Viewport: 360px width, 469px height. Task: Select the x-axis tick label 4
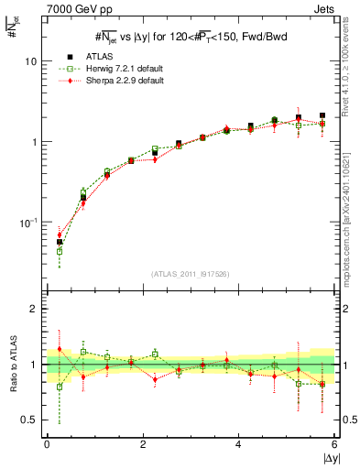[238, 443]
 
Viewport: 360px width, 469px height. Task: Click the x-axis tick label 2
[143, 443]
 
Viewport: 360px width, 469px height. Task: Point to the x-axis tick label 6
[334, 443]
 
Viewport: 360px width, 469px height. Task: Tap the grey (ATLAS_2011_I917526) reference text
[191, 273]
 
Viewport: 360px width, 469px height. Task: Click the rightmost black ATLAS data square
[322, 116]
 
